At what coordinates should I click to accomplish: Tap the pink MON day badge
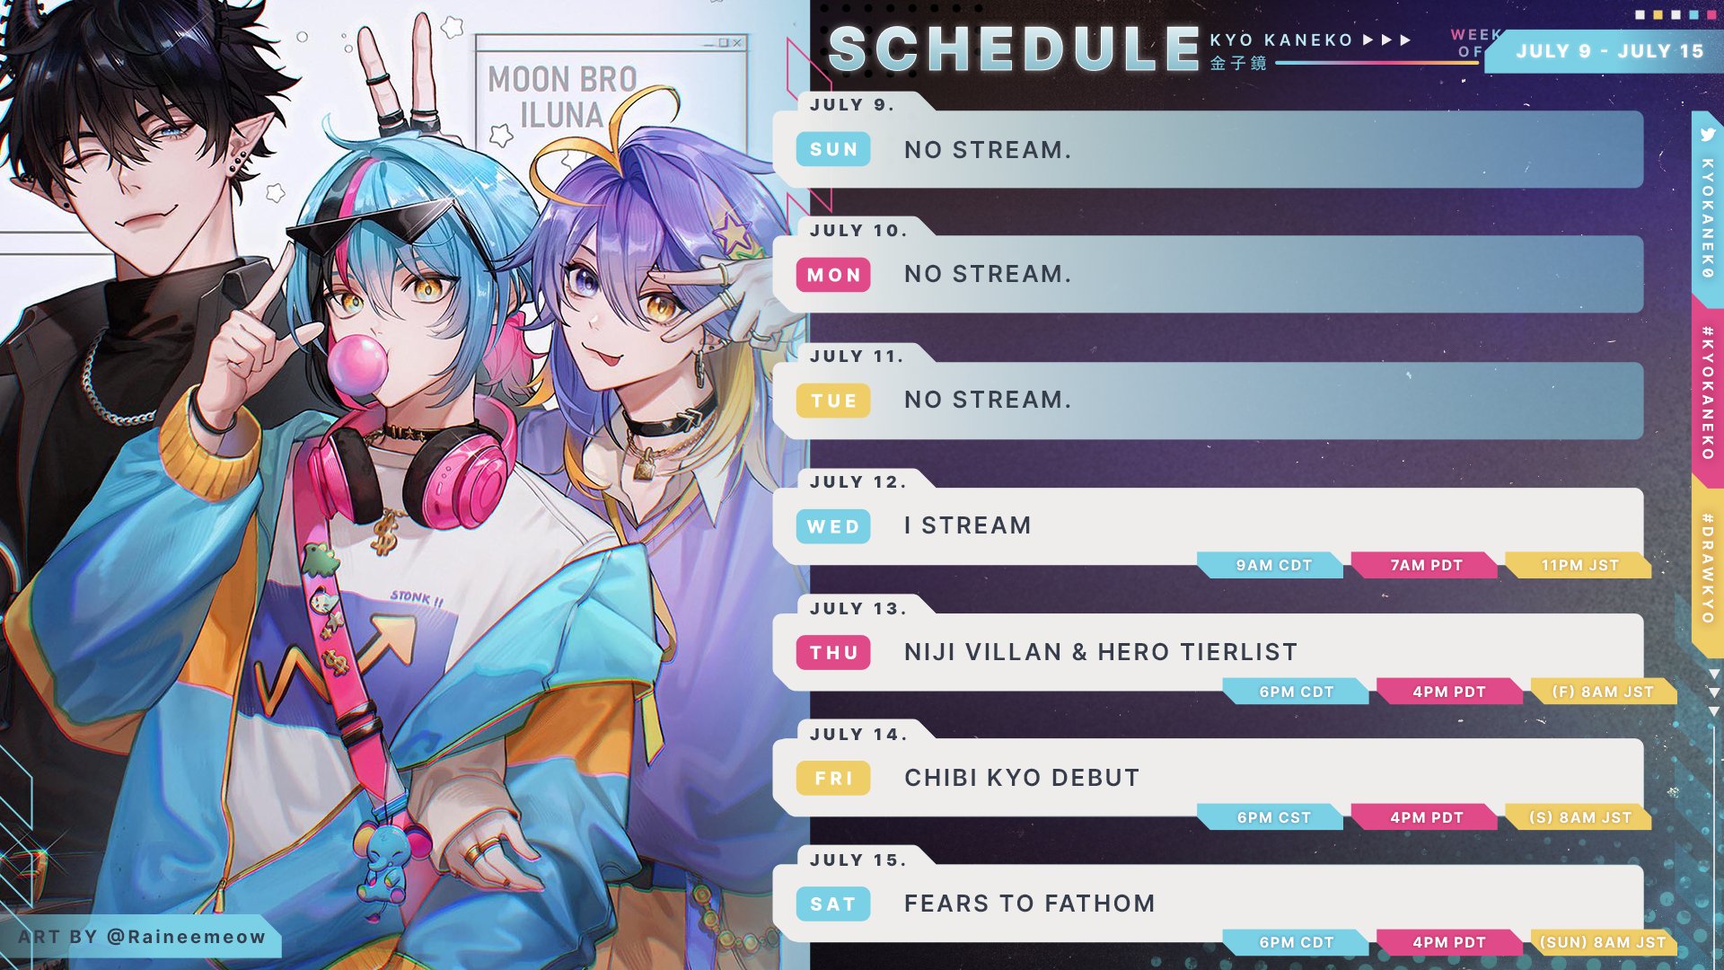pyautogui.click(x=833, y=275)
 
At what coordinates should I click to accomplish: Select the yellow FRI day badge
pyautogui.click(x=833, y=778)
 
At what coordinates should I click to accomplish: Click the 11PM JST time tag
pyautogui.click(x=1579, y=565)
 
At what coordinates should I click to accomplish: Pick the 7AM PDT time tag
pyautogui.click(x=1426, y=565)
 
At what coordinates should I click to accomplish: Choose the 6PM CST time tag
pyautogui.click(x=1272, y=817)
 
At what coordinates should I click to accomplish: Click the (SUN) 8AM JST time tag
pyautogui.click(x=1603, y=942)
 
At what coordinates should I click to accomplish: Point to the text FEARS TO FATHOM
pyautogui.click(x=1029, y=904)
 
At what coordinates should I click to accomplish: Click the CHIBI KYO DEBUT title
pyautogui.click(x=1022, y=778)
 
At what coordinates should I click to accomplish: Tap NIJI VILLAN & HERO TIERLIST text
pyautogui.click(x=1101, y=652)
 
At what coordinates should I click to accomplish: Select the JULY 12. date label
pyautogui.click(x=858, y=482)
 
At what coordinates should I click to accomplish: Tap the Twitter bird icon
pyautogui.click(x=1708, y=135)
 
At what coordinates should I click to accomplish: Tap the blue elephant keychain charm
pyautogui.click(x=384, y=858)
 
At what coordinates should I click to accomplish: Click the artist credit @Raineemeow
pyautogui.click(x=187, y=937)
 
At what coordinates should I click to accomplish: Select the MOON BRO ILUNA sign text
pyautogui.click(x=563, y=97)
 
